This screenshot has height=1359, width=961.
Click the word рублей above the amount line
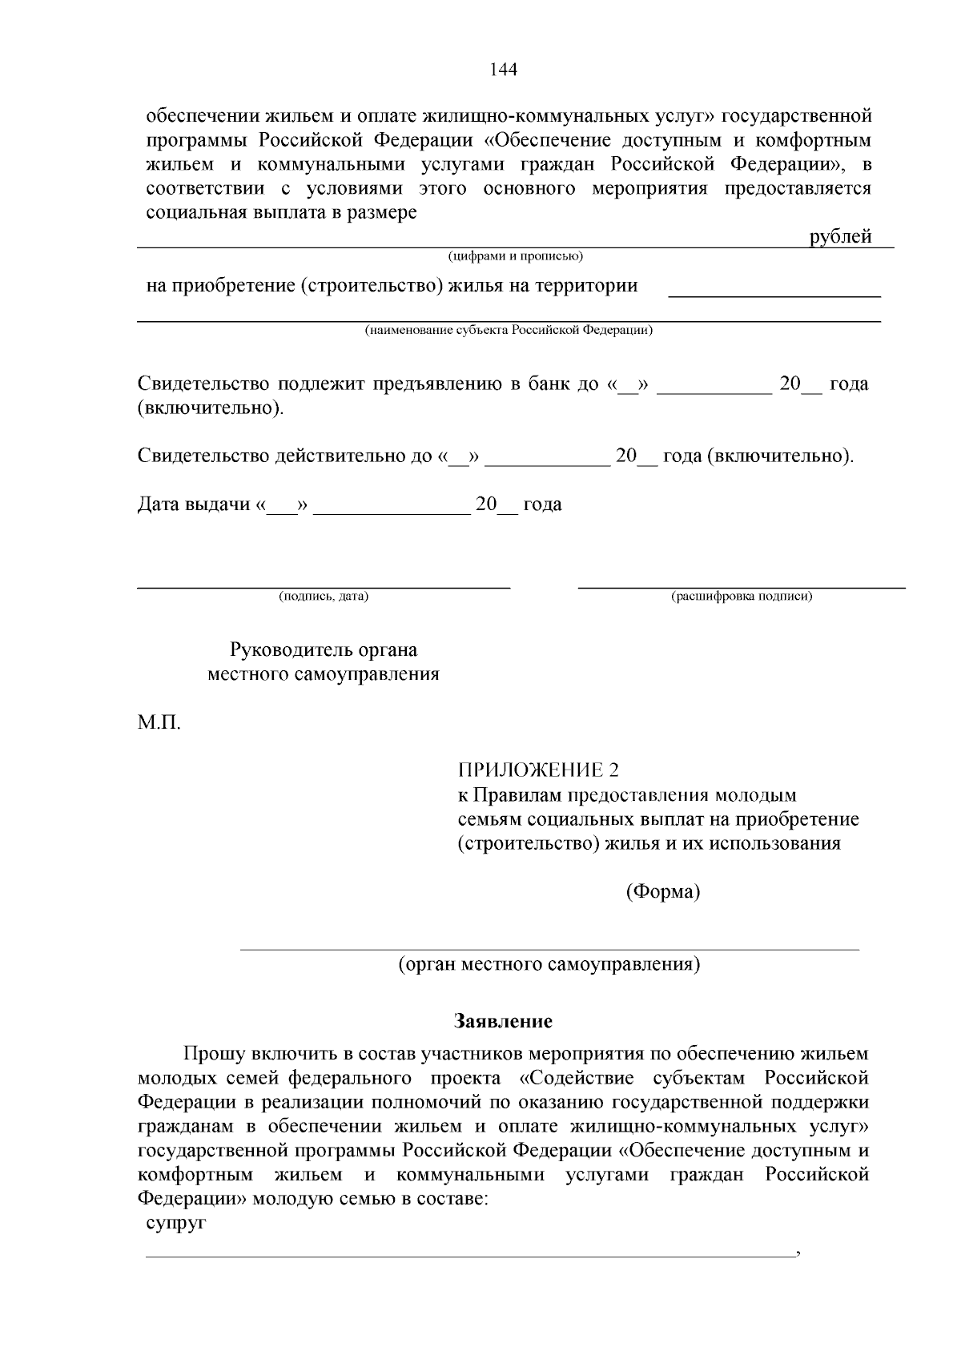(x=840, y=237)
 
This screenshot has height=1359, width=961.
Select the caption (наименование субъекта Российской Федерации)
(x=509, y=330)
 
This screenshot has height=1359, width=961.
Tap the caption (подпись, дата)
(x=324, y=597)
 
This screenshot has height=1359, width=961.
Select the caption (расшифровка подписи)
(x=742, y=597)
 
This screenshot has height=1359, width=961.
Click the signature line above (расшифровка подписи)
(x=742, y=587)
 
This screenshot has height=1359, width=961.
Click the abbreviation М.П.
(x=159, y=724)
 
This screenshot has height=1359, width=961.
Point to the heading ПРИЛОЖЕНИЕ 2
(x=538, y=770)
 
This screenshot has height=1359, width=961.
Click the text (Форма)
(x=662, y=891)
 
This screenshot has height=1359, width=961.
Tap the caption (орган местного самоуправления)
(x=549, y=964)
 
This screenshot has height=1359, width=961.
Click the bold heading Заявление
(x=503, y=1022)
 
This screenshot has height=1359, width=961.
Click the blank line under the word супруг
(x=469, y=1255)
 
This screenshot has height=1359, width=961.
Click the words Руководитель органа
(x=324, y=649)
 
